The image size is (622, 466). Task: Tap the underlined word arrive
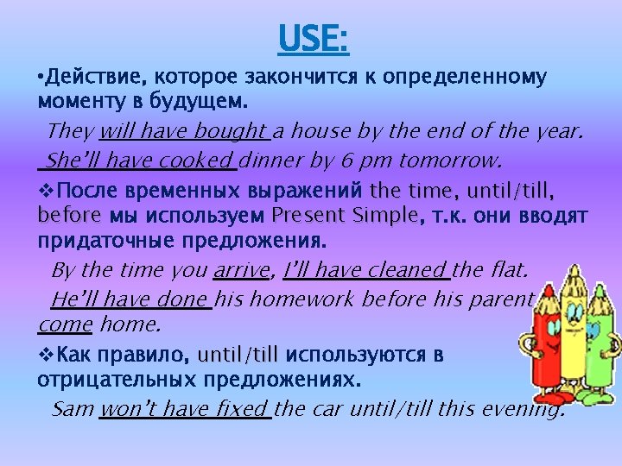(241, 270)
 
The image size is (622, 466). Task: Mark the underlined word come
(65, 325)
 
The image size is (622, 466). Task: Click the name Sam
(72, 408)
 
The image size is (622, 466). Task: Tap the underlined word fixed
(244, 408)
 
